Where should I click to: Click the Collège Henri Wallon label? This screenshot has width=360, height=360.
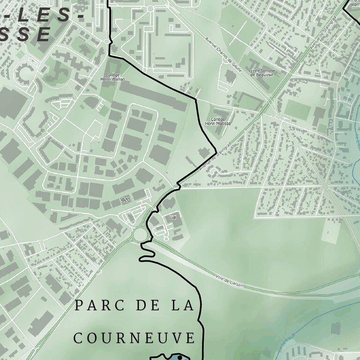coord(112,77)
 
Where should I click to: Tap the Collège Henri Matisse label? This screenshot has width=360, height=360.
coord(218,121)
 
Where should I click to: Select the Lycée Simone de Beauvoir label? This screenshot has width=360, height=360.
coord(262,73)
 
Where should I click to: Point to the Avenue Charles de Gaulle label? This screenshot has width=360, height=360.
coord(224,54)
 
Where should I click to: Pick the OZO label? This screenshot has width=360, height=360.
coord(125,200)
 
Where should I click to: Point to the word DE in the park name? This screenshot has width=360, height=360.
coord(145,306)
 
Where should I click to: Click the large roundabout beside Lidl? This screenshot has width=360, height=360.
coord(140,233)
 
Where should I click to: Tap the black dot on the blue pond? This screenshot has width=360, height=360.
coord(180,358)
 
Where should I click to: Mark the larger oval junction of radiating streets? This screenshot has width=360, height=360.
coord(324,187)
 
